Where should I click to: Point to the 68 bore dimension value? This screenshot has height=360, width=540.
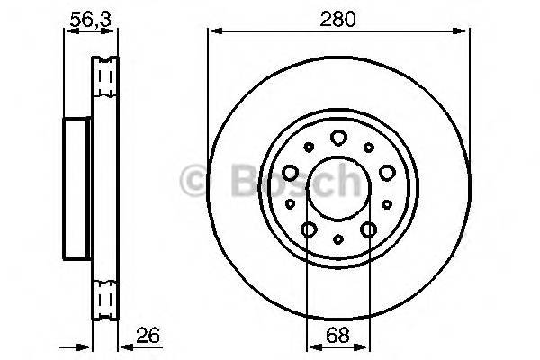tap(337, 336)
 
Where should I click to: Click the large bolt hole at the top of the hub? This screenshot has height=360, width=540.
tap(337, 138)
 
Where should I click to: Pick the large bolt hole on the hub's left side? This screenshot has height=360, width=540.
tap(289, 172)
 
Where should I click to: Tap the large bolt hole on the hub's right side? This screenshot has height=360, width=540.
tap(387, 172)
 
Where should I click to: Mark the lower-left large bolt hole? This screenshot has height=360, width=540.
tap(308, 230)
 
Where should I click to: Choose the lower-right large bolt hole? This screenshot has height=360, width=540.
tap(368, 230)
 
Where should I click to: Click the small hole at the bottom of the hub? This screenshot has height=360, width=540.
tap(337, 238)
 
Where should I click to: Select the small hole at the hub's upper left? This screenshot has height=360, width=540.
tap(308, 147)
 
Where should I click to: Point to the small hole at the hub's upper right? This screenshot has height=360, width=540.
tap(368, 147)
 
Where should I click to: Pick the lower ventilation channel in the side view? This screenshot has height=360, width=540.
tap(105, 297)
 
